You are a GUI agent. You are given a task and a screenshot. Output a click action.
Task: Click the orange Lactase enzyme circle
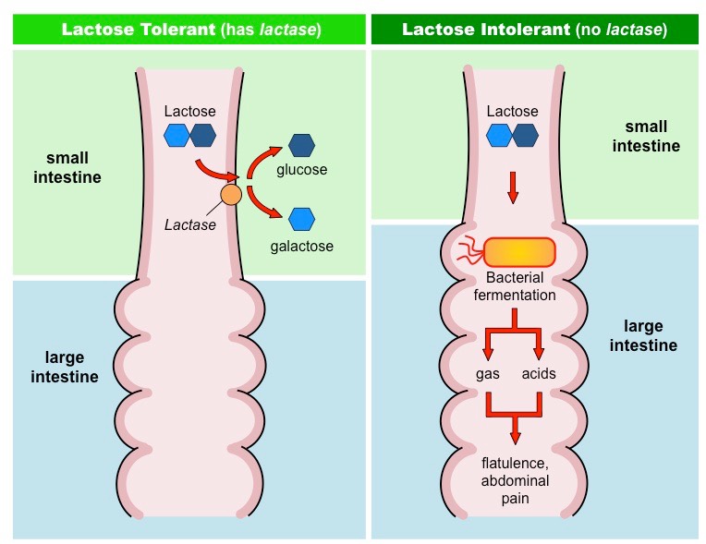tap(231, 195)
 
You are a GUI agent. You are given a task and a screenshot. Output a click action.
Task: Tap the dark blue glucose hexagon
tap(301, 146)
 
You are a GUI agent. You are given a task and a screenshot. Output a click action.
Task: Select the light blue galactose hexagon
tap(301, 219)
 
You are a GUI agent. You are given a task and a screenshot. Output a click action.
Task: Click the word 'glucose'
tap(302, 170)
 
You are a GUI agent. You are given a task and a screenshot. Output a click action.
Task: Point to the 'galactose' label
tap(302, 246)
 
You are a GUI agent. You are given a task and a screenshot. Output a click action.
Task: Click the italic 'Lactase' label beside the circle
tap(189, 224)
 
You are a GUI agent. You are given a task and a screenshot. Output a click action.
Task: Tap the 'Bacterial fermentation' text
tap(514, 286)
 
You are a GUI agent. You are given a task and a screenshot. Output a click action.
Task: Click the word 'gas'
tap(487, 374)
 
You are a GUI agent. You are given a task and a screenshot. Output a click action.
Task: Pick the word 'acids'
tap(540, 374)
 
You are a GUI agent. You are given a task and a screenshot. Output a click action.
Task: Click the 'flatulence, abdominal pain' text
tap(514, 479)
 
